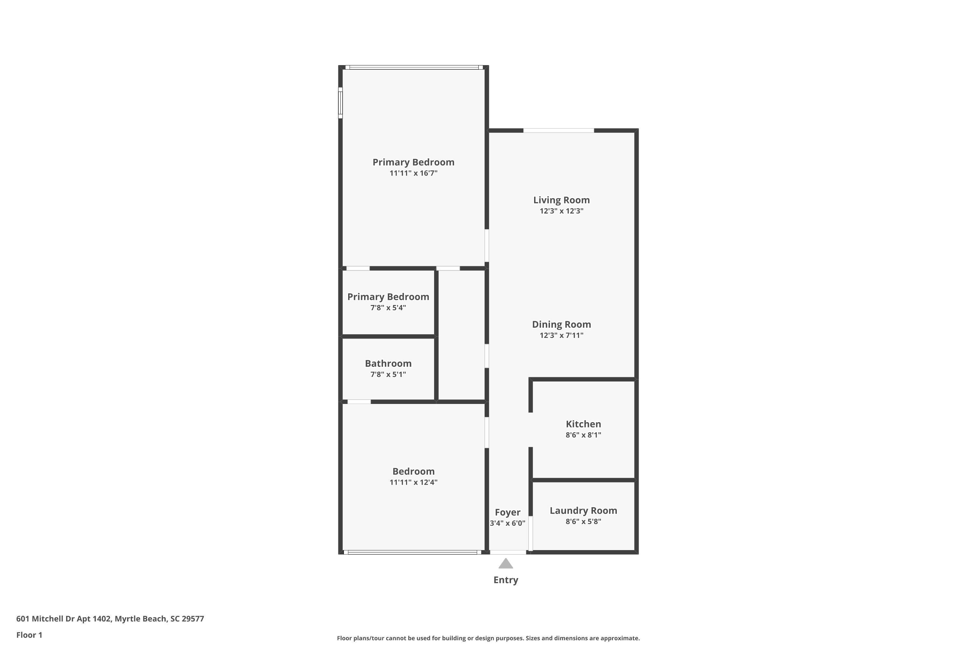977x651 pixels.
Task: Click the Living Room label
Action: pos(561,200)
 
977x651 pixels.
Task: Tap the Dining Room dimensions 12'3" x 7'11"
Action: pos(561,336)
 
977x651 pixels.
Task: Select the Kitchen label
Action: pos(583,424)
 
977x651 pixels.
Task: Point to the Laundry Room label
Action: pos(583,511)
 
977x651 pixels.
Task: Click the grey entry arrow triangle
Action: pos(505,564)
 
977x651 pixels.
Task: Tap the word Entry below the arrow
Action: pos(505,580)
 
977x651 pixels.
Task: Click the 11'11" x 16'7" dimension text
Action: pos(413,173)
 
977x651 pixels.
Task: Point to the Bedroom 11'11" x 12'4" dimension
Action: pos(413,482)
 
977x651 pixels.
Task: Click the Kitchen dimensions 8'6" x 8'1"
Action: pos(583,435)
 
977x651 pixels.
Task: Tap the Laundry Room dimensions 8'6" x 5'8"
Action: pos(583,521)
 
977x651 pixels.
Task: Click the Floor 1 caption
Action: pos(29,635)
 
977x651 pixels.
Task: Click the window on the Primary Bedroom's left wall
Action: pos(340,103)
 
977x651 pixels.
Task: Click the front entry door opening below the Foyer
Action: pos(508,552)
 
